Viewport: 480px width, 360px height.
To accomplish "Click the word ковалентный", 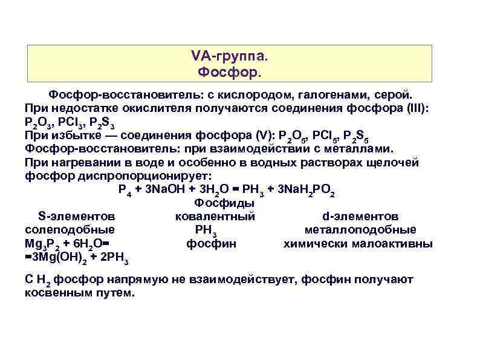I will coord(215,216).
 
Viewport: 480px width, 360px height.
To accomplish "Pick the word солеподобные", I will coord(70,229).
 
